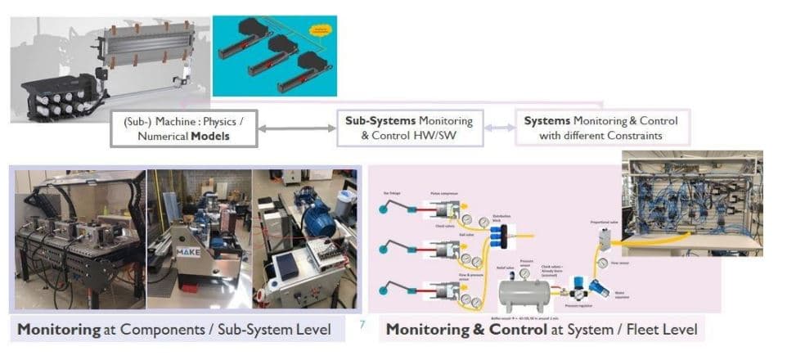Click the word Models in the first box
coord(210,136)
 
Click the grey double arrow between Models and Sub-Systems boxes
coord(296,128)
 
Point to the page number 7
coord(362,326)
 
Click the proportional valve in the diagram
coord(606,238)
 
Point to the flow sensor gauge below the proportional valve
coord(603,263)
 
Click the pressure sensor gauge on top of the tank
coord(524,273)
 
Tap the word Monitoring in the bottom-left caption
coord(52,331)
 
